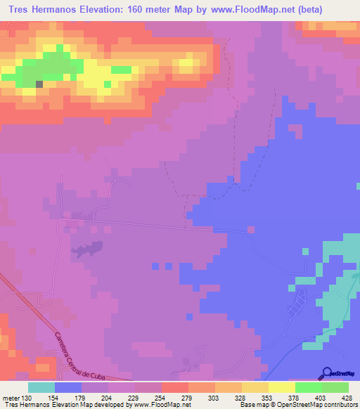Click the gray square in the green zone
[39, 84]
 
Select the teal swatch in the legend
[41, 387]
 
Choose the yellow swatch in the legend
[282, 387]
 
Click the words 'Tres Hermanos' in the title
[38, 9]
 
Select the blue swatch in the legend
[68, 387]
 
